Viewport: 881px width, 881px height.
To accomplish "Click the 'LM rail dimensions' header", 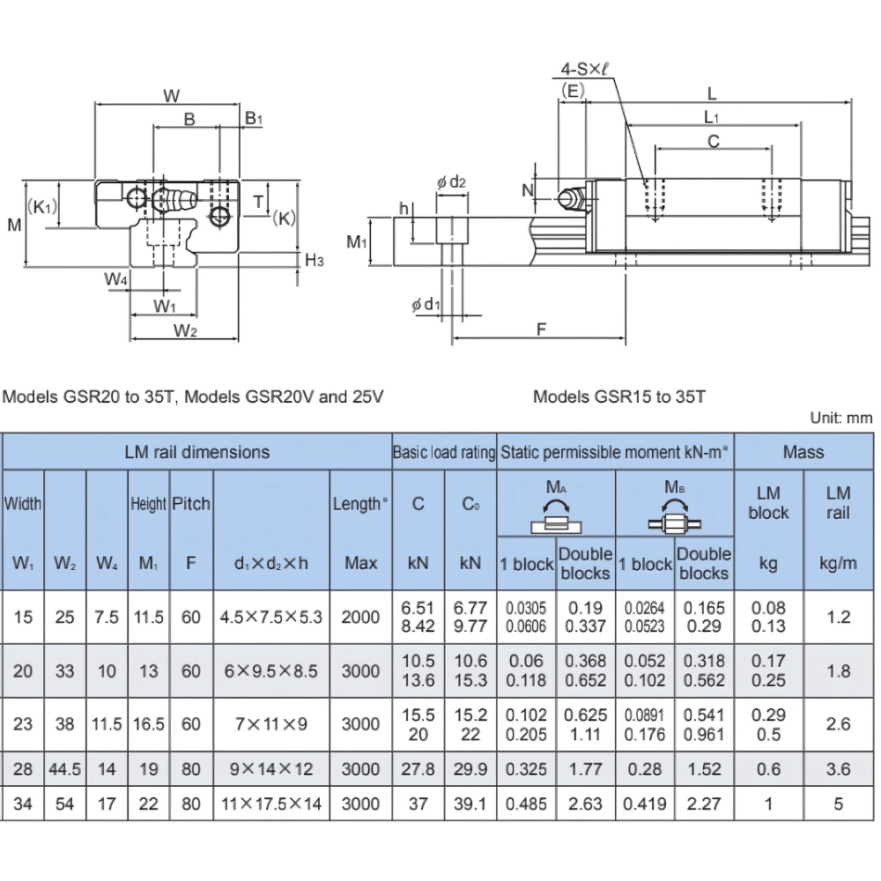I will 197,452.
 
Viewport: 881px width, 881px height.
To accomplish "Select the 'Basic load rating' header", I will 444,452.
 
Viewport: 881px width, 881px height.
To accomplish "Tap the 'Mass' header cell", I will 803,452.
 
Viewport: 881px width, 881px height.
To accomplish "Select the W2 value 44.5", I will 65,769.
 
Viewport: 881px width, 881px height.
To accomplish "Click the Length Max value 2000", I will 361,618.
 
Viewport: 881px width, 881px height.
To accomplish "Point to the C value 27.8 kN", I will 418,769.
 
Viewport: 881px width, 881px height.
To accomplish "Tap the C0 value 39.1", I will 470,803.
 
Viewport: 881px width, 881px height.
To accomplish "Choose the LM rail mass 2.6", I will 839,723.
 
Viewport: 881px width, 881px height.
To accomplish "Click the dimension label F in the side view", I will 542,329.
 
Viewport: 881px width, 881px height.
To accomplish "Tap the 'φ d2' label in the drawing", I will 450,181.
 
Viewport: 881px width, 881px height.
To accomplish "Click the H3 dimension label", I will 315,260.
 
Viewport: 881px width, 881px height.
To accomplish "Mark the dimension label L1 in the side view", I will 712,116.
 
